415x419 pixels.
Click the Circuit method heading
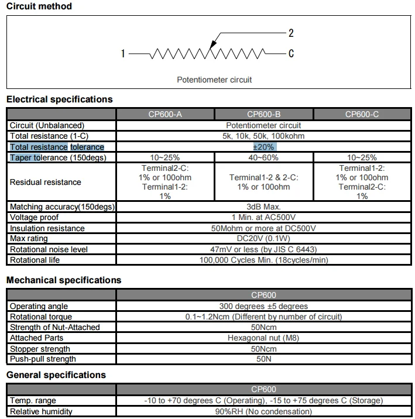[x=39, y=6]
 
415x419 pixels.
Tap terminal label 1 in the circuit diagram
[x=123, y=54]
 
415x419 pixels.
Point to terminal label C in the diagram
[x=291, y=54]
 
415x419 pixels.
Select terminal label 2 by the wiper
[x=291, y=33]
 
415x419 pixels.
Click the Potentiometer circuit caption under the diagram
[x=214, y=80]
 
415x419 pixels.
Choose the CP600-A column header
[x=166, y=114]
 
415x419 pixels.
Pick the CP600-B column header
[x=264, y=114]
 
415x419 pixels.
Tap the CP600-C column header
[x=362, y=114]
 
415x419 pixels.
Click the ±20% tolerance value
[x=263, y=147]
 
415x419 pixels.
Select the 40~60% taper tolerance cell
[x=264, y=157]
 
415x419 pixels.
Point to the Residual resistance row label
[x=46, y=182]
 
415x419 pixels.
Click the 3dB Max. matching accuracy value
[x=263, y=207]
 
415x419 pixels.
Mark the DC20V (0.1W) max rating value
[x=263, y=239]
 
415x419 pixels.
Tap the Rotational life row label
[x=36, y=260]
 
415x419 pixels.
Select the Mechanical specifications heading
[x=64, y=280]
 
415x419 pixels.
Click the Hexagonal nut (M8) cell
[x=263, y=338]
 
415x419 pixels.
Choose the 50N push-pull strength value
[x=263, y=359]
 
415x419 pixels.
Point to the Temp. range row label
[x=33, y=401]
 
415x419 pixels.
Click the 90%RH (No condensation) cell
[x=263, y=411]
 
